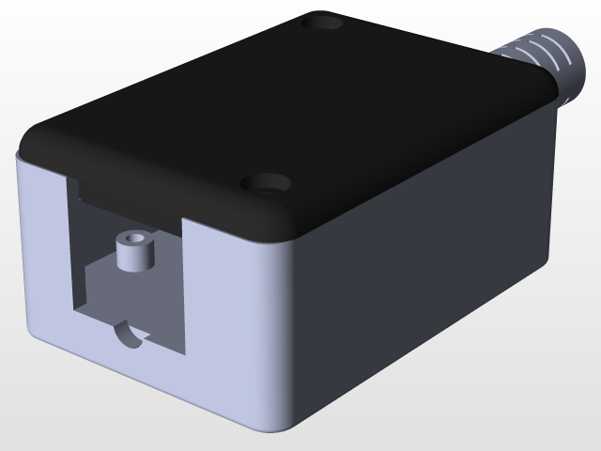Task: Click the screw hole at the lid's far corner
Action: (x=327, y=20)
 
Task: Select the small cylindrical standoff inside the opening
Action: (x=134, y=253)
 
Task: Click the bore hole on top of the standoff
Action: (x=134, y=241)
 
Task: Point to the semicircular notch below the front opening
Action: (x=129, y=334)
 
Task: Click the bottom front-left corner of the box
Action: (x=33, y=338)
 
